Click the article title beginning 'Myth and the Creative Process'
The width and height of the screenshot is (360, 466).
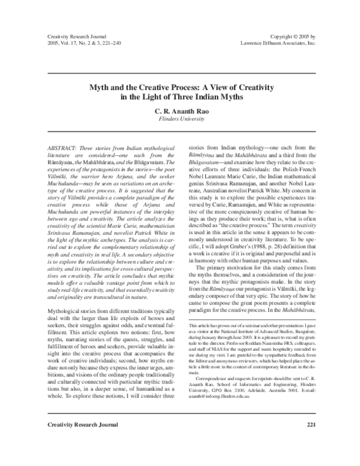point(179,88)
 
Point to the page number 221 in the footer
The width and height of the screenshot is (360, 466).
point(310,443)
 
